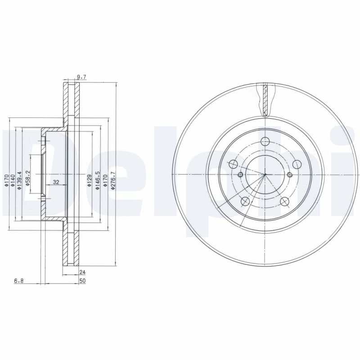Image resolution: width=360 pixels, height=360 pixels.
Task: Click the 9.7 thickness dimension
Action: [81, 77]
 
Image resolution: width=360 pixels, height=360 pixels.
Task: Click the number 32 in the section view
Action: [56, 182]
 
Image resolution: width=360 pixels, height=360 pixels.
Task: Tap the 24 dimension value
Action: [82, 272]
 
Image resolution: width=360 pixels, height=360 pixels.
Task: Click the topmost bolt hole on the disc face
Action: [265, 142]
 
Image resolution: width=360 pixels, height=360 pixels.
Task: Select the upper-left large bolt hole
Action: [234, 164]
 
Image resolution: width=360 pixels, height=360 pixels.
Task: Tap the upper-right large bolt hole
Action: [297, 164]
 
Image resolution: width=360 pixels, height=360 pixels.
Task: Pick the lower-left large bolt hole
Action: [245, 201]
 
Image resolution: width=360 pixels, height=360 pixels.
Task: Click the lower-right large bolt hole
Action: [284, 201]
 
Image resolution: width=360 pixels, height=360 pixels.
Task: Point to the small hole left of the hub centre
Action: [240, 175]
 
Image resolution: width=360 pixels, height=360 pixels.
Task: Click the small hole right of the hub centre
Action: [290, 175]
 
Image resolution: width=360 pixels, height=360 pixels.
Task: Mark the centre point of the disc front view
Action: [265, 175]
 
